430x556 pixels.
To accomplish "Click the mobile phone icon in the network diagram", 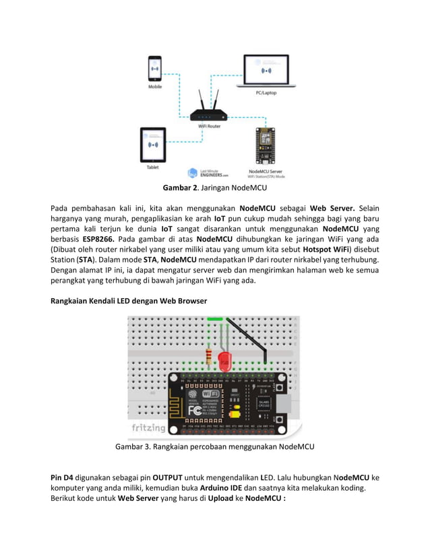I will click(x=155, y=69).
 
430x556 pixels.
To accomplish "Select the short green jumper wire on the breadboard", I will click(x=216, y=319).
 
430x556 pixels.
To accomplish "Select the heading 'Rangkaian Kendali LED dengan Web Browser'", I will click(x=129, y=300).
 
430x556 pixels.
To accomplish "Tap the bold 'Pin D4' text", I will click(x=63, y=478).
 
